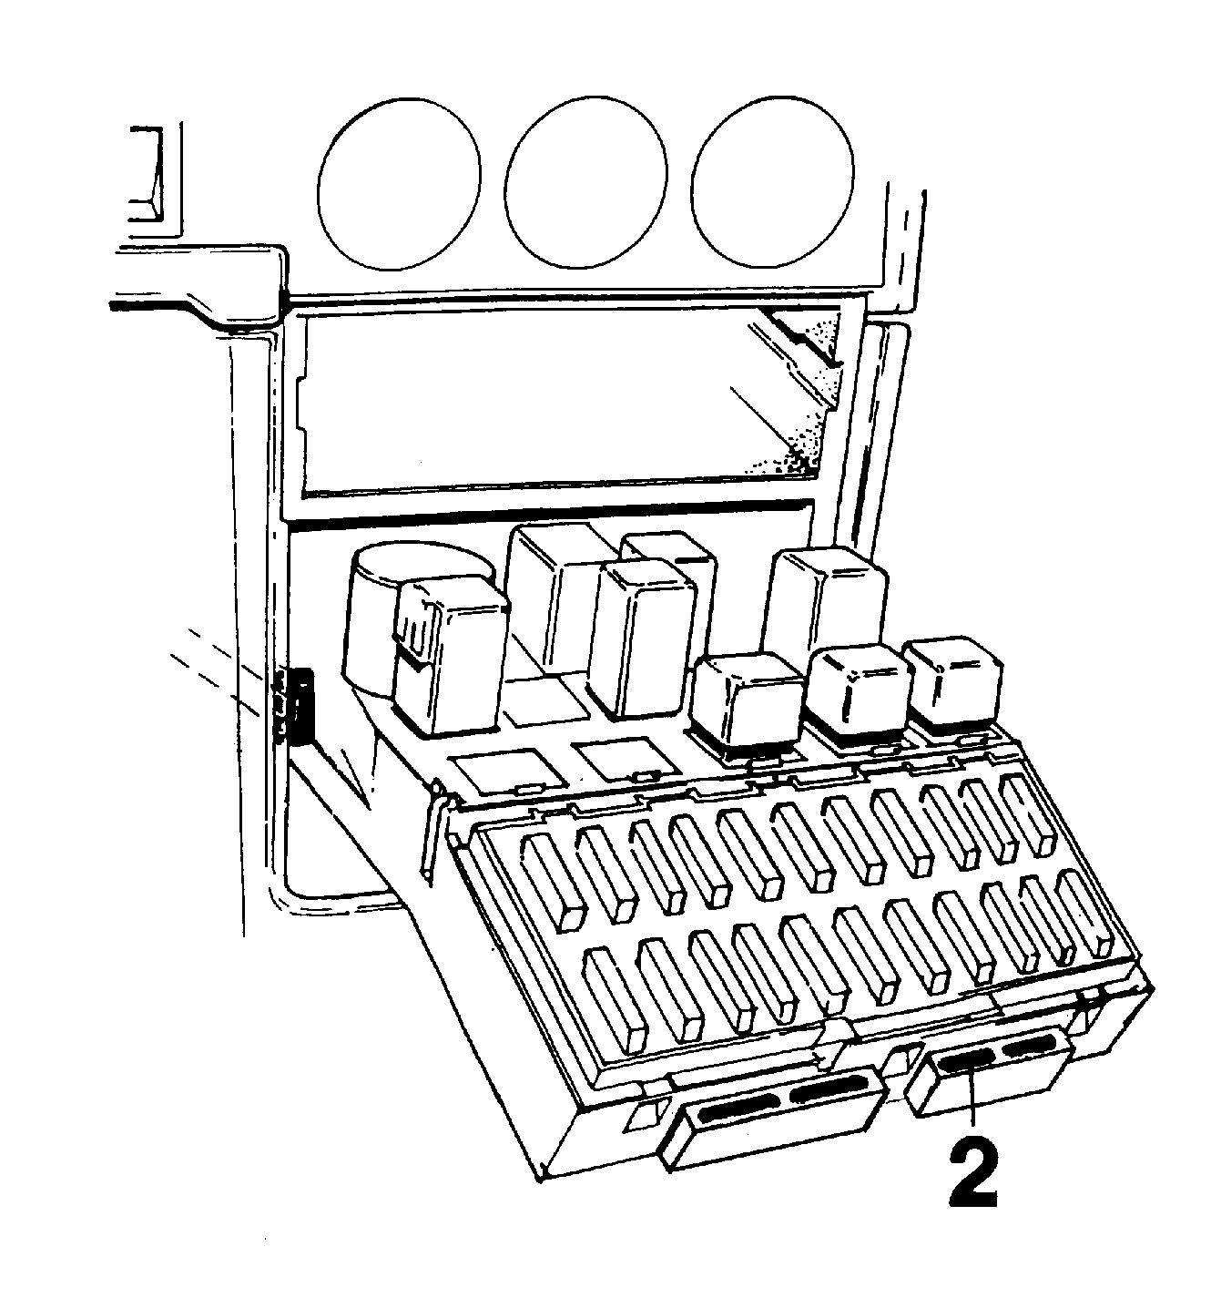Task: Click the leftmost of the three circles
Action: (x=399, y=184)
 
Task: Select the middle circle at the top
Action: (x=586, y=181)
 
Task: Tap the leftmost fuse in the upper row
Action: (x=553, y=881)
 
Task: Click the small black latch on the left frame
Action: (x=300, y=707)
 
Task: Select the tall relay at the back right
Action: (x=825, y=603)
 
